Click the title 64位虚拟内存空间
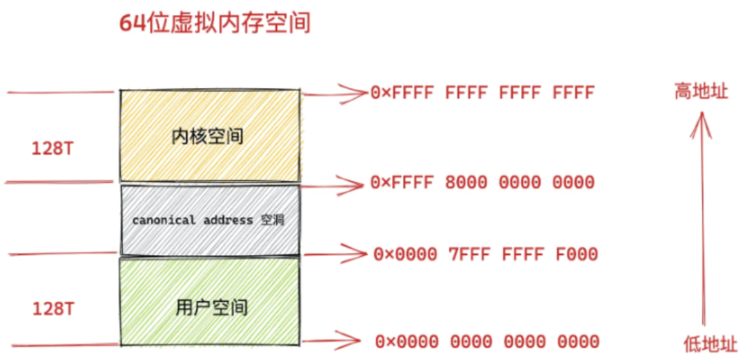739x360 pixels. pos(215,24)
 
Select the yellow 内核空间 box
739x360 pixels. pos(209,135)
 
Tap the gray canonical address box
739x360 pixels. pos(209,220)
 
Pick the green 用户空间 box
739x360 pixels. pos(209,300)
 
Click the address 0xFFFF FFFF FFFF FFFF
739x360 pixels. pos(481,94)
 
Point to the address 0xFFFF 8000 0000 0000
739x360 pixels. pos(481,183)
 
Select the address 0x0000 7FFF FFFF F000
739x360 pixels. pos(485,254)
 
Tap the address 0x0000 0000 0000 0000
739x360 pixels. pos(487,341)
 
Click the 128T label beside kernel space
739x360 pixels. pos(53,149)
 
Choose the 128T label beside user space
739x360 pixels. pos(53,310)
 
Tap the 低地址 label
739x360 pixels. pos(710,343)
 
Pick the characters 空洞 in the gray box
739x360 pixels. pos(272,220)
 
